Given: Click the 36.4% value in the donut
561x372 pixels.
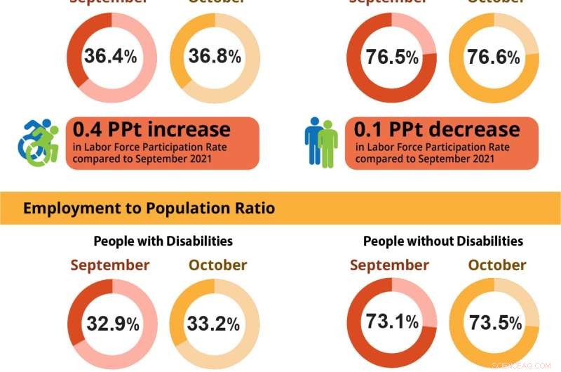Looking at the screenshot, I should point(110,56).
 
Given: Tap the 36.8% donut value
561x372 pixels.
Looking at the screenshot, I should point(215,56).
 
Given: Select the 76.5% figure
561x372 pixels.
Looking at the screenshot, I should point(392,58).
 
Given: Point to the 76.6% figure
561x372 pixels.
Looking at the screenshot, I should point(494,58).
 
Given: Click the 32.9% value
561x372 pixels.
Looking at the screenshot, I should point(112,324).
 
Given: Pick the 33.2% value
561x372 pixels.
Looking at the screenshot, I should point(213,324).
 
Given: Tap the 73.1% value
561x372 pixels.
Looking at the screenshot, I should point(392,321).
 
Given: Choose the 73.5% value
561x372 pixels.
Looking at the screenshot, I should point(495,324).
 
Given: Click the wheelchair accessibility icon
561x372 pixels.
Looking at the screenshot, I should point(39,142).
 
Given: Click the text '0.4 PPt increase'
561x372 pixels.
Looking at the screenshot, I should point(151,129).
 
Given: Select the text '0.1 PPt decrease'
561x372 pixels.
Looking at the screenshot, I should point(437,129).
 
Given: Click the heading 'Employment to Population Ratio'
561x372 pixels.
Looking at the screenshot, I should point(149,208).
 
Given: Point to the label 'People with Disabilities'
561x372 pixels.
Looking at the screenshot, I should point(163,241).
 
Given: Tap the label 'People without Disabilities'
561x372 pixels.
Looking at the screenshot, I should point(442,241).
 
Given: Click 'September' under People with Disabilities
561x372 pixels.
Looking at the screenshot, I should point(109,265).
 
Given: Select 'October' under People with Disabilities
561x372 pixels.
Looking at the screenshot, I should point(217,265).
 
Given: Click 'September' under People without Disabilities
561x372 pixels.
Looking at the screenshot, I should point(389,265).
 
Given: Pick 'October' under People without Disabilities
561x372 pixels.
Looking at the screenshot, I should point(497,265).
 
